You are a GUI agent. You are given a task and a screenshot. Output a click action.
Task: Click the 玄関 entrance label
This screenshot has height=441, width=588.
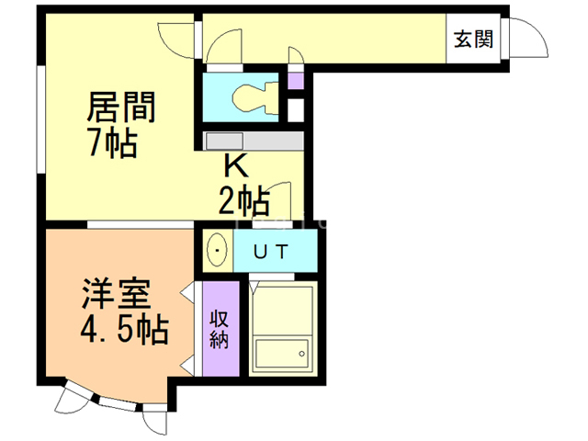point(473,40)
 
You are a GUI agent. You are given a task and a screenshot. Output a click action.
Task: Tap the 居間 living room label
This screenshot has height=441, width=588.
point(120,107)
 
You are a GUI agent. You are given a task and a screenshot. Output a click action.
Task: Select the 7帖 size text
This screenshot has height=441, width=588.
point(113,143)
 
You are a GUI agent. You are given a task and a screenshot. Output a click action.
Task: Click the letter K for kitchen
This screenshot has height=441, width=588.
point(236,166)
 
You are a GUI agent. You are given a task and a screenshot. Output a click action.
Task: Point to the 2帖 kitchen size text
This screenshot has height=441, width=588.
point(243,198)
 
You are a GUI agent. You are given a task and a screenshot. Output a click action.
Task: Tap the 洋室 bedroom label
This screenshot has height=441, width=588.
point(116,297)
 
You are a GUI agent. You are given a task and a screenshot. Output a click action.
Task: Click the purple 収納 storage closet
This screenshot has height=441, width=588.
point(219,328)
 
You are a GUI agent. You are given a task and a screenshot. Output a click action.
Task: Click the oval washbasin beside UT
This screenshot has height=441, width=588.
point(218,249)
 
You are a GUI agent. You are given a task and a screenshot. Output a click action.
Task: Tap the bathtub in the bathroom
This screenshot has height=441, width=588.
point(281,353)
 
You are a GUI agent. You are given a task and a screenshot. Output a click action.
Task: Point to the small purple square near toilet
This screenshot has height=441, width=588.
point(295,80)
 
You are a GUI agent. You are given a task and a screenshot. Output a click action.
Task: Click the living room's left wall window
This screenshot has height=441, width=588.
point(40,119)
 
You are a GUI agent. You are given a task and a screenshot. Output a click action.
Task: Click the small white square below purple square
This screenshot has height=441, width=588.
point(295,108)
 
